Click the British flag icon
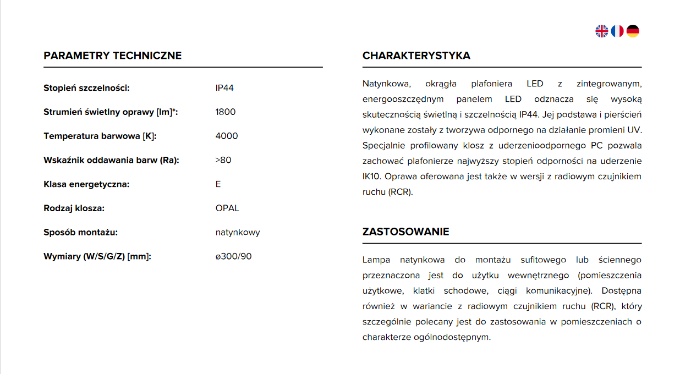(601, 31)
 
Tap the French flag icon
(617, 31)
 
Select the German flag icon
(633, 31)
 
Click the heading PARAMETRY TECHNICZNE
(112, 56)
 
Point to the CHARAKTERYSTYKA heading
(416, 56)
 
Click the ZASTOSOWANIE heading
(405, 232)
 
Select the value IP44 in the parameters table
(224, 88)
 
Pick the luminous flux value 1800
(225, 112)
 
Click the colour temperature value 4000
(227, 136)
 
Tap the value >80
(223, 160)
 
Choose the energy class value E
(218, 184)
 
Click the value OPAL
(227, 208)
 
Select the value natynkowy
(238, 232)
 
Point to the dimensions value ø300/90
(233, 256)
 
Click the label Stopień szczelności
(86, 88)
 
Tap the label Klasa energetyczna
(86, 184)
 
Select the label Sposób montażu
(80, 232)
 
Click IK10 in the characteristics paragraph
(372, 177)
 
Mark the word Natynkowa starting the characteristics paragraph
(386, 84)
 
